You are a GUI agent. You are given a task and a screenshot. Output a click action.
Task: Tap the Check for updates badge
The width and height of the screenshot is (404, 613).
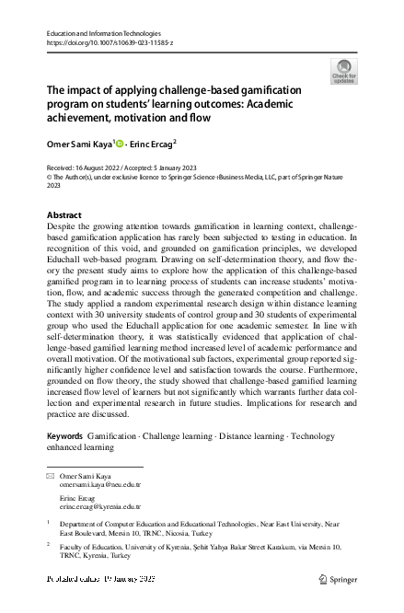coord(343,72)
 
